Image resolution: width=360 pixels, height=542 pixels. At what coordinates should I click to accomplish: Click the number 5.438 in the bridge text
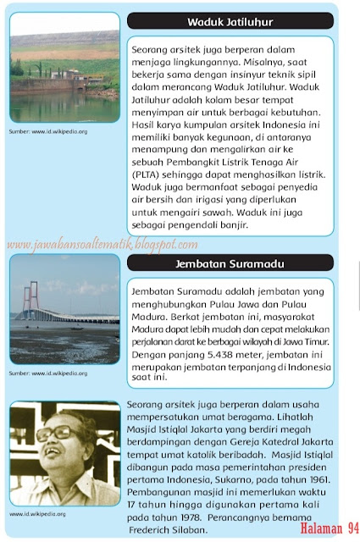point(220,345)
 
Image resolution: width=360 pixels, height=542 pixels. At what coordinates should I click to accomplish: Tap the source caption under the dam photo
point(48,132)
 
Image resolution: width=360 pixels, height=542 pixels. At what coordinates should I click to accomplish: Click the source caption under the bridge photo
point(48,372)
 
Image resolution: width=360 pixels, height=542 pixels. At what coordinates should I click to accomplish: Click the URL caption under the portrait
point(44,513)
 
